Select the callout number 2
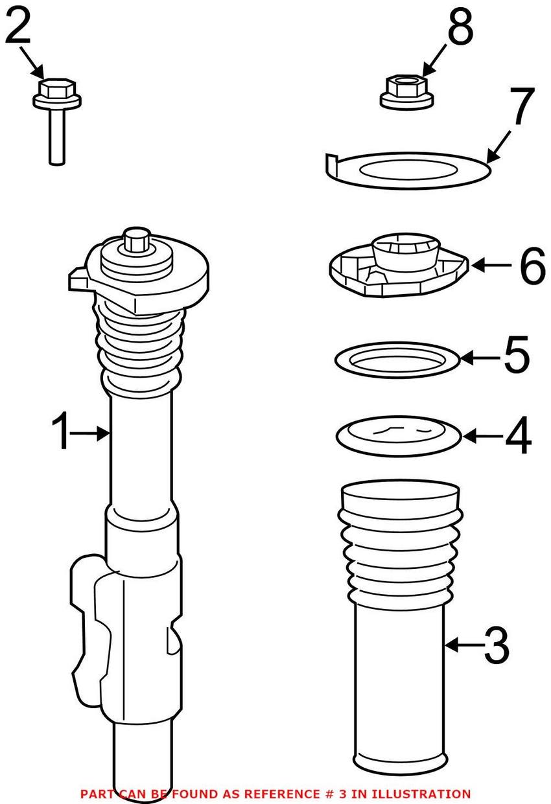click(18, 27)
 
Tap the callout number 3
click(496, 645)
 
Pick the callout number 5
click(516, 356)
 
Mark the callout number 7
click(522, 108)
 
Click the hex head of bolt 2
click(57, 89)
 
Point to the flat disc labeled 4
click(399, 437)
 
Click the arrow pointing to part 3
click(463, 645)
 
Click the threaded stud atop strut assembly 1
click(136, 240)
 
